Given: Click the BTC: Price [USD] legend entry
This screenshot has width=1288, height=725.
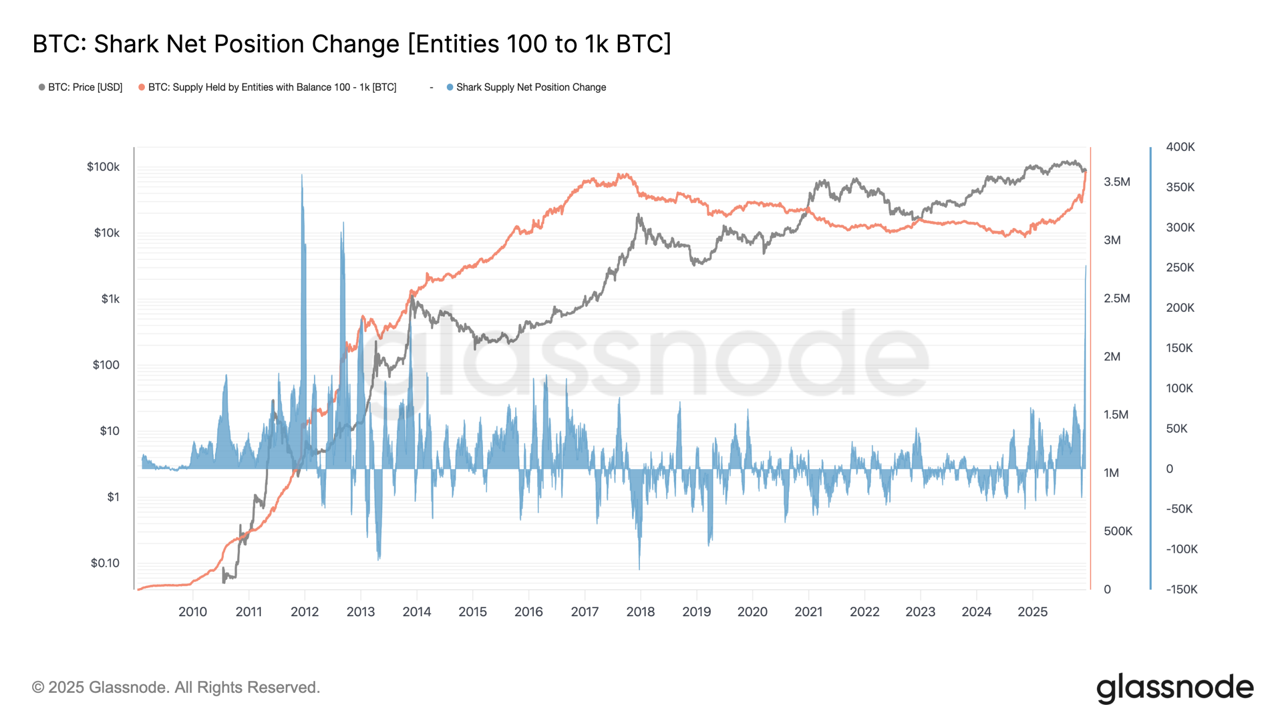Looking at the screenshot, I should (x=85, y=87).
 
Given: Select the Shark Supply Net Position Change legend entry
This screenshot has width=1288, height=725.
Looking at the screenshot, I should (x=530, y=87).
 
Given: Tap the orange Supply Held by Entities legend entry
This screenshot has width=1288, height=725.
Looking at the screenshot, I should (x=272, y=87).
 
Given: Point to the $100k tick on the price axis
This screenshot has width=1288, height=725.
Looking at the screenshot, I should (x=103, y=167).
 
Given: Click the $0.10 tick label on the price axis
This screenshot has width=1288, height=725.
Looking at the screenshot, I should (x=105, y=563).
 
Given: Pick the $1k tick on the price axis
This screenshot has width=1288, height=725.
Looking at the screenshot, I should (x=110, y=299).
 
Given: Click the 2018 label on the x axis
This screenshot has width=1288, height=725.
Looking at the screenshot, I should (x=640, y=612).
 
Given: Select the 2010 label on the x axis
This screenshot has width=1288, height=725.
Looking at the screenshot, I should (x=193, y=612).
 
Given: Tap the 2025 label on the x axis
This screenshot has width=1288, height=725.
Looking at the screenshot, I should (x=1032, y=612).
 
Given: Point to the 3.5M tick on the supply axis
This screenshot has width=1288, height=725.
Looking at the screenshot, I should (x=1116, y=182).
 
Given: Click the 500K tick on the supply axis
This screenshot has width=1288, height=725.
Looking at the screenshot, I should (x=1117, y=531).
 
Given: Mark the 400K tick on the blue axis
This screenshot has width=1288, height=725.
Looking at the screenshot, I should (x=1180, y=147).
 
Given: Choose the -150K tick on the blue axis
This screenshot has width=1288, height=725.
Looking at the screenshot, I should (x=1181, y=590).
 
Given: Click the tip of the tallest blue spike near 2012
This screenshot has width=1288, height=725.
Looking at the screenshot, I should (x=302, y=175).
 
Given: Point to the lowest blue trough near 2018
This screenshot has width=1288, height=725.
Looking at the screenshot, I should (x=639, y=568).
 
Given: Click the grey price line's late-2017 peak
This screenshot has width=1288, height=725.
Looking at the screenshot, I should (x=638, y=215).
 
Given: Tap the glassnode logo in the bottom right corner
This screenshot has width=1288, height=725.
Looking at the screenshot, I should (x=1174, y=688).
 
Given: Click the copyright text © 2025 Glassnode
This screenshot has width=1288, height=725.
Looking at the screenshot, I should (x=176, y=687).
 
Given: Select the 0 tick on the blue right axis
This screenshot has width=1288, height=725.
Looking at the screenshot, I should (x=1169, y=469).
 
